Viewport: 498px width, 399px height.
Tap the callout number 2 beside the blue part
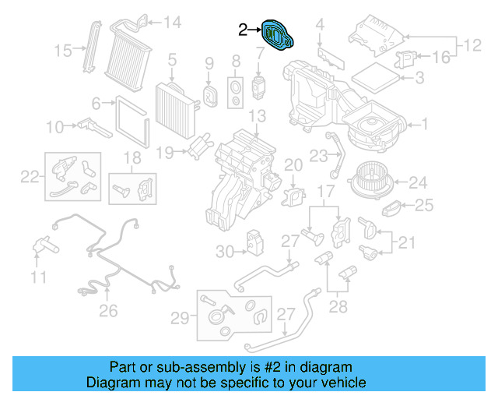(244, 30)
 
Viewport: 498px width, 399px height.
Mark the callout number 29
(180, 318)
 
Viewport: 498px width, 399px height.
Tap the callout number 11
(39, 276)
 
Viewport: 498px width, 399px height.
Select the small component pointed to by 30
(254, 242)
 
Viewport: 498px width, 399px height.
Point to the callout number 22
(29, 177)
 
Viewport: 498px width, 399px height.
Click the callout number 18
(133, 158)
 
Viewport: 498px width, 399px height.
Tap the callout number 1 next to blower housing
(425, 124)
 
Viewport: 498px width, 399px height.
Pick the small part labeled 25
(393, 208)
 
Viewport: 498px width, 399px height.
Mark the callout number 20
(293, 164)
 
